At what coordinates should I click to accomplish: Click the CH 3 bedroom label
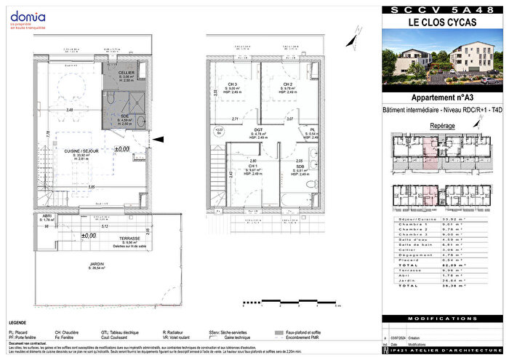pos(232,84)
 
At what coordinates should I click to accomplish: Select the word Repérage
pos(444,126)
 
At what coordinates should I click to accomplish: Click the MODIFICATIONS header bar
pos(444,319)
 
